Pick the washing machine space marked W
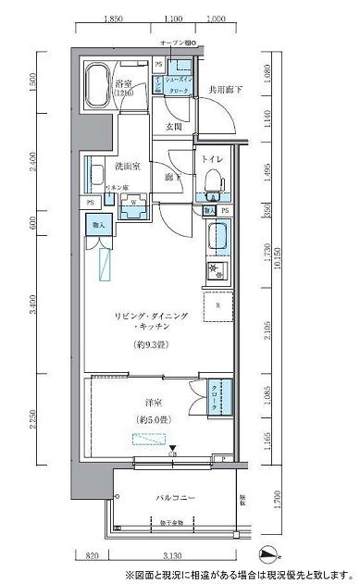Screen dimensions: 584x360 134,203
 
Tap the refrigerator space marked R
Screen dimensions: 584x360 217,305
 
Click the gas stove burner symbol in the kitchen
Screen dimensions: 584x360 218,271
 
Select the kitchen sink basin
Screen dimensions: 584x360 218,235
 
